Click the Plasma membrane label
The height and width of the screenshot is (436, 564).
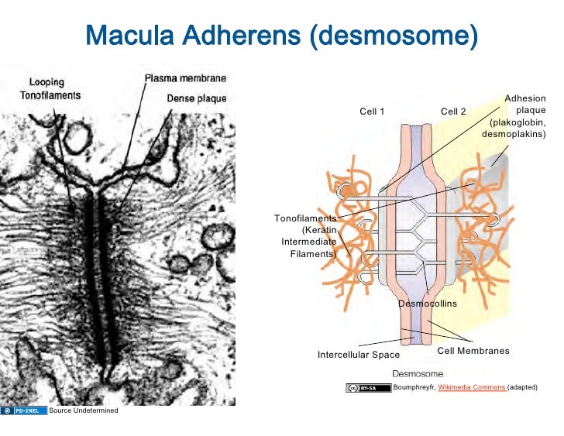tap(185, 79)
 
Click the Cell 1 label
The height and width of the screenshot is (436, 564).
tap(373, 112)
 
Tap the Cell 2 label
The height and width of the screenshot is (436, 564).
tap(453, 112)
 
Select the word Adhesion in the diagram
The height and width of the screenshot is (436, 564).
tap(524, 98)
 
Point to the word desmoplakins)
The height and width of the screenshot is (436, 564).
tap(514, 133)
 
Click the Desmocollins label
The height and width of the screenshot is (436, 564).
tap(428, 304)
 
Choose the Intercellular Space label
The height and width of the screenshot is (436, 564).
tap(359, 355)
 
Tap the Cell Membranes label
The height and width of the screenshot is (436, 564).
tap(473, 351)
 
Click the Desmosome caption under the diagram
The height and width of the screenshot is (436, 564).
tap(418, 374)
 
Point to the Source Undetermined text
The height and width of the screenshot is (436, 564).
tap(84, 410)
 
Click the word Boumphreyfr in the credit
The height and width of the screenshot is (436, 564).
tap(414, 387)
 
